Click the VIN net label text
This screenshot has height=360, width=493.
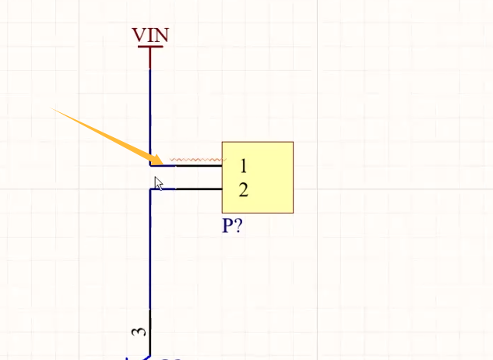tap(150, 35)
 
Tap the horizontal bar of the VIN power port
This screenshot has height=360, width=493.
tap(150, 47)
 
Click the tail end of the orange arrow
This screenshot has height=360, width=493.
tap(55, 110)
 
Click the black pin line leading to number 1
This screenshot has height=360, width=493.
tap(199, 165)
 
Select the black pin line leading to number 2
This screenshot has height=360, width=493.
tap(199, 189)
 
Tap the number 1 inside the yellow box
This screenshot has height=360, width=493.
tap(244, 165)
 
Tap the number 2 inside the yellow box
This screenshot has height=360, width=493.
tap(244, 189)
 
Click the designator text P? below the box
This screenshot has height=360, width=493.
tap(232, 226)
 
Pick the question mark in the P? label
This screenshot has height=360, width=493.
tap(238, 226)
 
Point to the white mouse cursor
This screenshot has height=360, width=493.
tap(158, 183)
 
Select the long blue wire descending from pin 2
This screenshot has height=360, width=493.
tap(150, 249)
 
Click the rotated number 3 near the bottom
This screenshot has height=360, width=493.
tap(138, 331)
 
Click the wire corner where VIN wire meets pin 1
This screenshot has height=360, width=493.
tap(150, 165)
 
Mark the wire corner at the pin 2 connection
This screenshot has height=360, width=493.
tap(150, 189)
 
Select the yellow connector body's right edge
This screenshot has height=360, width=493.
tap(293, 178)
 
